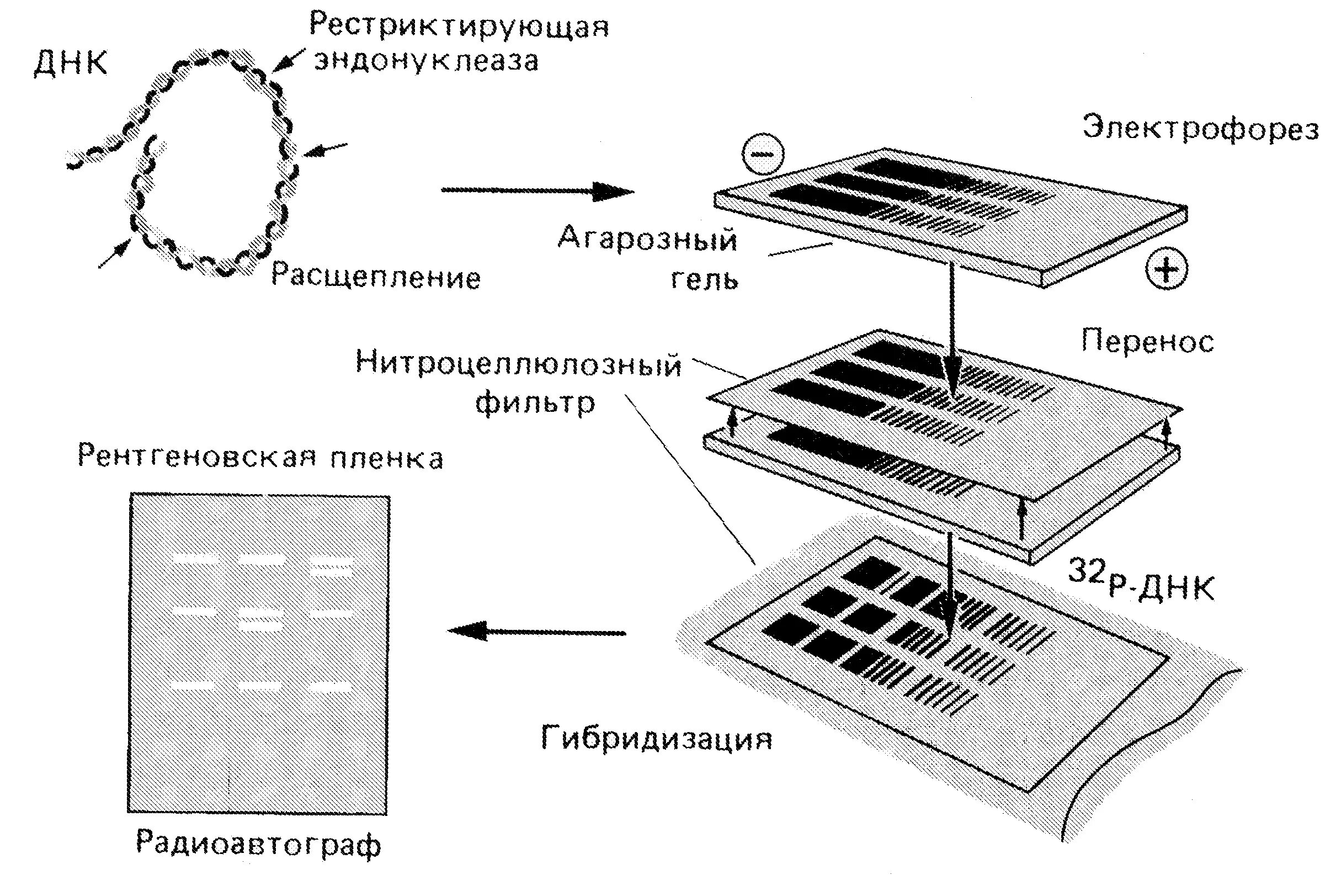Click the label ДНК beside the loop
point(70,63)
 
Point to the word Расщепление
point(376,277)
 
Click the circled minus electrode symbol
point(762,155)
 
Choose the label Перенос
point(1147,342)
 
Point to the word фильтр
point(534,402)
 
